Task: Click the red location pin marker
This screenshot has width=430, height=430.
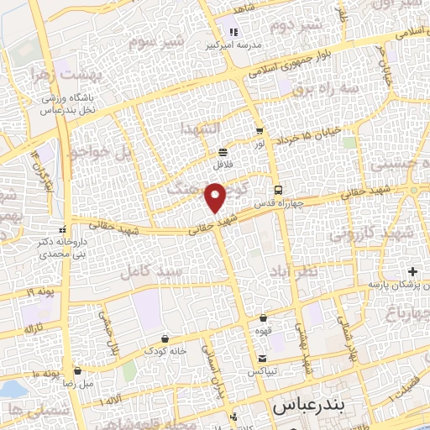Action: pyautogui.click(x=217, y=199)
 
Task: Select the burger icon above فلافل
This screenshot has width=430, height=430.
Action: pyautogui.click(x=223, y=152)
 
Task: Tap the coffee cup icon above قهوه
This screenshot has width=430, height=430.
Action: pyautogui.click(x=265, y=318)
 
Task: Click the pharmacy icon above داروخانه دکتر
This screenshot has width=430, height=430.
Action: pyautogui.click(x=62, y=229)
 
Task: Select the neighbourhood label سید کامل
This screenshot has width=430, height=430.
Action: pyautogui.click(x=144, y=272)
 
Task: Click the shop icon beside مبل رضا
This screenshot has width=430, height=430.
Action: pyautogui.click(x=78, y=370)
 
